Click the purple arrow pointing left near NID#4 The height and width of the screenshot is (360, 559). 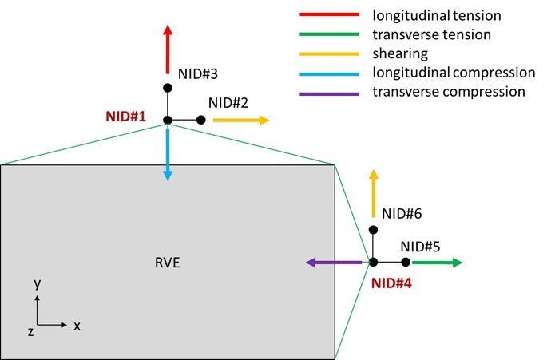[335, 262]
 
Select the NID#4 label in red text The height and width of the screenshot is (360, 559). [393, 282]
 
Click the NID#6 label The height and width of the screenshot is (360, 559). [402, 214]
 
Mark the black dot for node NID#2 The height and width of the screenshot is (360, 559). [200, 120]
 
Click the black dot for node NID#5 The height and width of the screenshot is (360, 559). [406, 262]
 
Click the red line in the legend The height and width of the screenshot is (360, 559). [328, 15]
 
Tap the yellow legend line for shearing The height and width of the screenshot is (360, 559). [328, 53]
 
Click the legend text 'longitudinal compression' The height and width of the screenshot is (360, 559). [454, 73]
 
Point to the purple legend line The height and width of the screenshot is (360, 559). [328, 92]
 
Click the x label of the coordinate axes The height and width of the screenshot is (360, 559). [77, 326]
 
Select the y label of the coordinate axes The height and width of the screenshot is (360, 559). [37, 284]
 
